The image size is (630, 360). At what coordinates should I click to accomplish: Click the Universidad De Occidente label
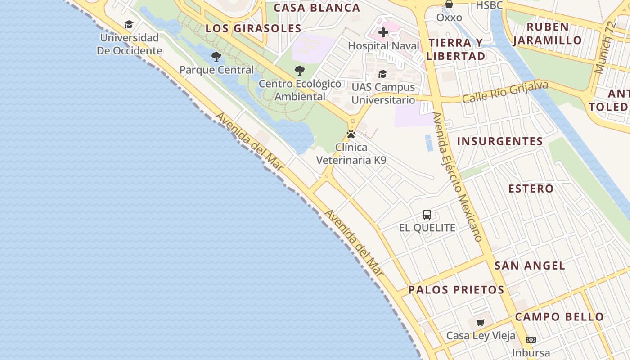(x=129, y=44)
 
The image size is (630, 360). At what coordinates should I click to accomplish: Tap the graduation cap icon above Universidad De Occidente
(x=129, y=25)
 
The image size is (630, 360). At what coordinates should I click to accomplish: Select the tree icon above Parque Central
(x=216, y=57)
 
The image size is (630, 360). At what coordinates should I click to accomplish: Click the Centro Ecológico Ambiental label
(x=300, y=90)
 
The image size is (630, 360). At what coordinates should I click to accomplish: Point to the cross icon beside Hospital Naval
(x=383, y=32)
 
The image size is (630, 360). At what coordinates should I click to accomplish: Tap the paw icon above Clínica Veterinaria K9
(x=351, y=134)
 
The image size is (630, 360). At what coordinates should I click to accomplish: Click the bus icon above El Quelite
(x=427, y=215)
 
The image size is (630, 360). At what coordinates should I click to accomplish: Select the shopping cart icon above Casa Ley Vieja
(x=481, y=322)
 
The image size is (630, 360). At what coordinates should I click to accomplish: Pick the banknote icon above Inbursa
(x=531, y=340)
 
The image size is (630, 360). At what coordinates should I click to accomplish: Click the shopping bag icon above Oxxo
(x=449, y=4)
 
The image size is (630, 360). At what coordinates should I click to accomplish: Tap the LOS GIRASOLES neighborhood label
(x=253, y=28)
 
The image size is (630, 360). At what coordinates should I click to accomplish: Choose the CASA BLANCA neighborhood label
(x=317, y=8)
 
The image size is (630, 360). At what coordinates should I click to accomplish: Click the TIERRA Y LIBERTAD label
(x=455, y=49)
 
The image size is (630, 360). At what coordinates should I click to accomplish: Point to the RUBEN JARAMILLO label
(x=547, y=34)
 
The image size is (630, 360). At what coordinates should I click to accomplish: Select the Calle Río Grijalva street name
(x=505, y=92)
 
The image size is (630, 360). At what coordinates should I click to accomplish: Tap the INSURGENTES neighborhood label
(x=500, y=141)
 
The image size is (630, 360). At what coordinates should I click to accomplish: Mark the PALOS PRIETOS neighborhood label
(x=456, y=290)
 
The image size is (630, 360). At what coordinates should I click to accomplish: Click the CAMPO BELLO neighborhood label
(x=559, y=317)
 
